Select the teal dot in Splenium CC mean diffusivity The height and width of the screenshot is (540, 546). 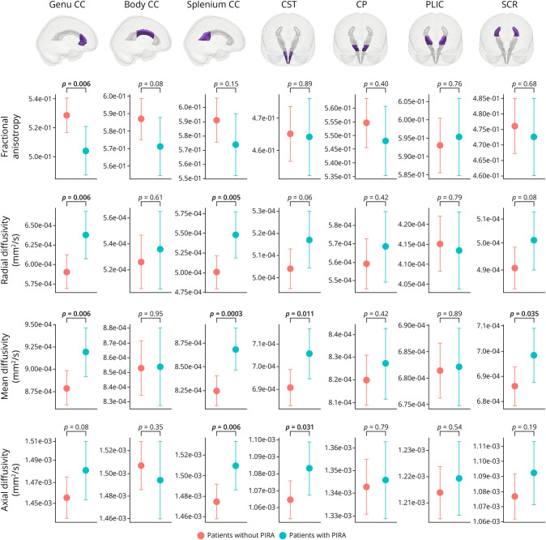coord(235,349)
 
